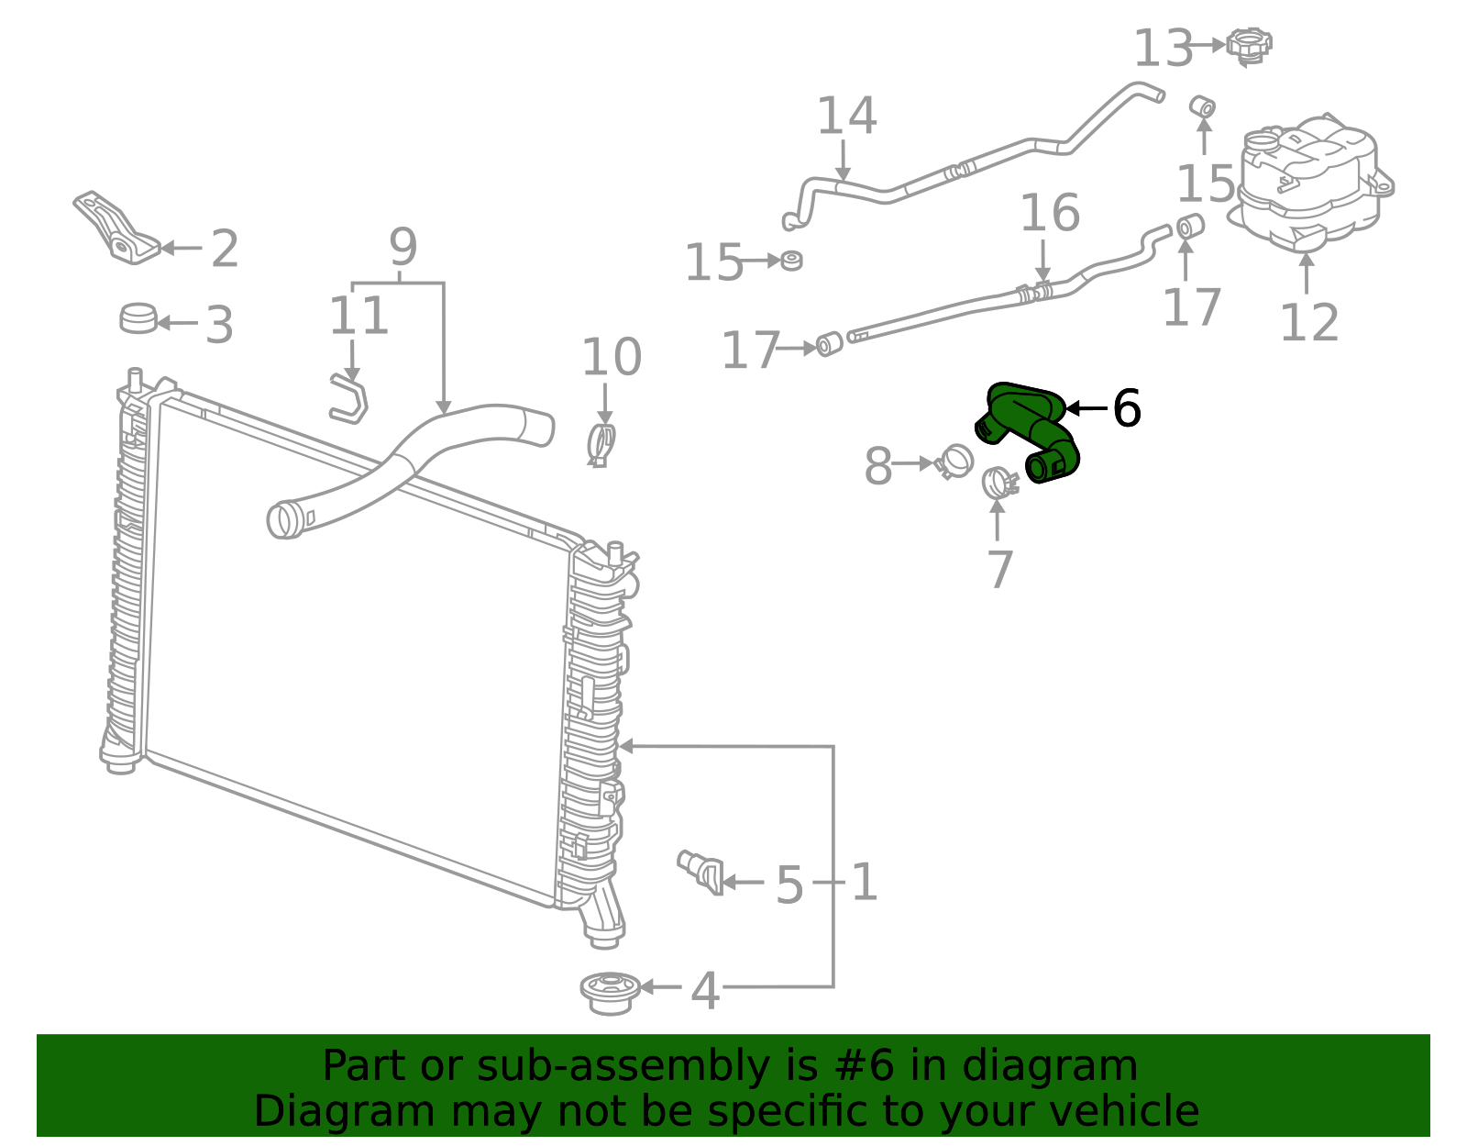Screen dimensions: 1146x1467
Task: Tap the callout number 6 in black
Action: click(1126, 408)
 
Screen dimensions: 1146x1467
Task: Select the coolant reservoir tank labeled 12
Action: click(1309, 184)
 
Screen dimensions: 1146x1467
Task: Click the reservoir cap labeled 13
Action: click(1249, 46)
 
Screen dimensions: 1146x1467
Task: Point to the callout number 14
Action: click(846, 117)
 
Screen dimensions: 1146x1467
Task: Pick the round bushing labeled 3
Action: click(138, 318)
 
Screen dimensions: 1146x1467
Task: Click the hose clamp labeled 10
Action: click(601, 444)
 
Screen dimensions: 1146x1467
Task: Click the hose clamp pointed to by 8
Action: click(954, 462)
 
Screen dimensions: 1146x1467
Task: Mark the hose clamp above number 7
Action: click(998, 482)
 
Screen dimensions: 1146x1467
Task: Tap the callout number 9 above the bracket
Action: click(403, 247)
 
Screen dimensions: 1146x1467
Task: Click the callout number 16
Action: click(1050, 213)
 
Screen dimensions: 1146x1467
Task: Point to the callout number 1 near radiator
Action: click(865, 883)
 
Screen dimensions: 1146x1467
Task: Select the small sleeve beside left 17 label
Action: click(829, 345)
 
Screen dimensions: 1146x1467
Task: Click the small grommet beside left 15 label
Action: click(791, 261)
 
